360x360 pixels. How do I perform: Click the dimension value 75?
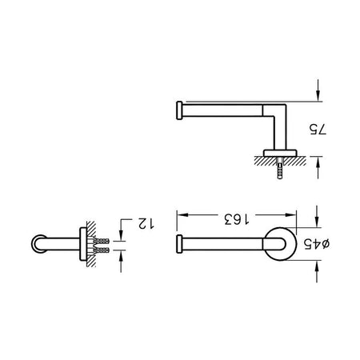pyautogui.click(x=318, y=130)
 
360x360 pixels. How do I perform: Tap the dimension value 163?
pyautogui.click(x=237, y=219)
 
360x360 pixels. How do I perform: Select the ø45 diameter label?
pyautogui.click(x=317, y=244)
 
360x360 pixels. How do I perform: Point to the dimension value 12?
pyautogui.click(x=146, y=223)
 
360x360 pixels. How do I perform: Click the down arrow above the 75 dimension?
pyautogui.click(x=318, y=90)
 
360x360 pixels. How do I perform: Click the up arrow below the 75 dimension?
pyautogui.click(x=318, y=167)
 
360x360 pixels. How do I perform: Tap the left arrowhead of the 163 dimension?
pyautogui.click(x=183, y=215)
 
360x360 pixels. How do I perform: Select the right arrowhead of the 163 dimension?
pyautogui.click(x=290, y=215)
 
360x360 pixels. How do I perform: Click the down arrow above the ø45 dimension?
pyautogui.click(x=317, y=216)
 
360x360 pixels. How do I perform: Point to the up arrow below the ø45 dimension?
pyautogui.click(x=317, y=271)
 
